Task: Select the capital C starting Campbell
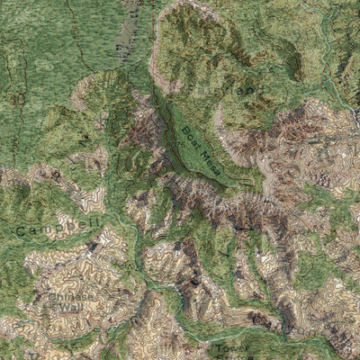pyautogui.click(x=20, y=231)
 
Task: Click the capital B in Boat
pyautogui.click(x=183, y=130)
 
